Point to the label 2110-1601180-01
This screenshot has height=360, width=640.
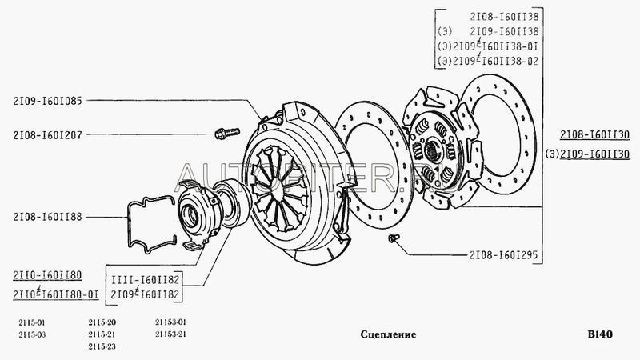[x=56, y=295]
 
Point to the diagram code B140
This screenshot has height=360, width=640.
[x=599, y=334]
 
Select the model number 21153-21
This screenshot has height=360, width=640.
[x=170, y=334]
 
